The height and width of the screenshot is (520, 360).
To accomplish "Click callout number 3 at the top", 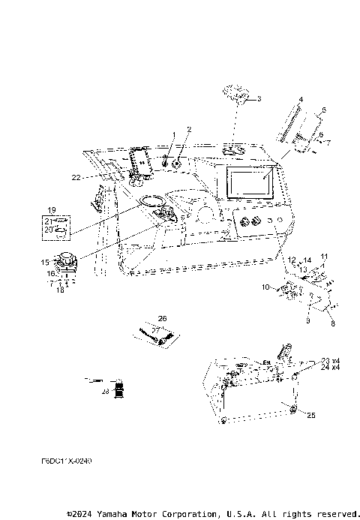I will click(x=259, y=99).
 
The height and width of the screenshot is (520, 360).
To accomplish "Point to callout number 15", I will click(x=45, y=261).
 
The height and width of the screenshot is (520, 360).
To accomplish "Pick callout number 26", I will click(x=162, y=318).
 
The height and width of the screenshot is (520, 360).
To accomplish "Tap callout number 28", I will click(x=106, y=390).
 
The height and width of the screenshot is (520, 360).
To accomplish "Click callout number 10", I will click(x=264, y=287).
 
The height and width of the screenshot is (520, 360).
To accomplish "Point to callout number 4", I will click(x=300, y=99).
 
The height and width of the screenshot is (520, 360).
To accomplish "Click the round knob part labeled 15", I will click(x=69, y=263).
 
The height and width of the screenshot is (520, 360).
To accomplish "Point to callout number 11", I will click(x=324, y=256).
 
